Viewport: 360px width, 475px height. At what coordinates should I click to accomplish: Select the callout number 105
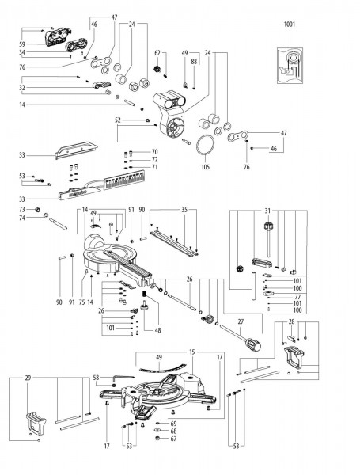pyautogui.click(x=206, y=168)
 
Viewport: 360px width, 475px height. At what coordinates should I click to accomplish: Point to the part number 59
pyautogui.click(x=22, y=44)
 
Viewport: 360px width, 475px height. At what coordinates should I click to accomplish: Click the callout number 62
pyautogui.click(x=157, y=53)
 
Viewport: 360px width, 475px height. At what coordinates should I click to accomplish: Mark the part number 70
pyautogui.click(x=154, y=151)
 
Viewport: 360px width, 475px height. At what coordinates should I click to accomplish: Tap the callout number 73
pyautogui.click(x=23, y=208)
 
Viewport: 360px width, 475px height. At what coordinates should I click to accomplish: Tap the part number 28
pyautogui.click(x=293, y=321)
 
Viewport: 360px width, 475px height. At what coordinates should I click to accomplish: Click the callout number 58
pyautogui.click(x=96, y=378)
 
